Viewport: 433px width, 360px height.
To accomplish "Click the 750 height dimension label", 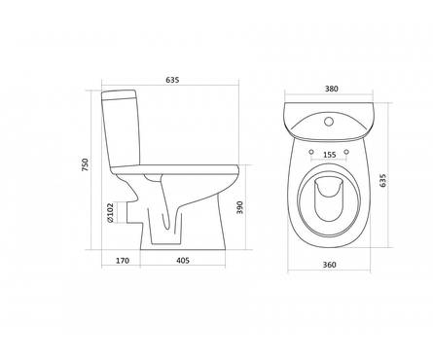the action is tap(85, 164).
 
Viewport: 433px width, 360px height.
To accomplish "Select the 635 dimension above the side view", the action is tap(172, 80).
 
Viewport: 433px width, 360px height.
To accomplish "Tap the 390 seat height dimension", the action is tap(239, 207).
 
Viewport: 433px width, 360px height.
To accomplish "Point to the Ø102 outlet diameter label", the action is tap(110, 213).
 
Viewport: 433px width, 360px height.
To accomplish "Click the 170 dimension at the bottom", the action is tap(123, 261).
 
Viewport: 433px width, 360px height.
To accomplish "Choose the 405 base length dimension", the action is tap(183, 261).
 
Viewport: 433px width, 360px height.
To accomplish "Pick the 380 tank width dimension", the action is tap(332, 89).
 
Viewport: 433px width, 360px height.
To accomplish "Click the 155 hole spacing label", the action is tap(330, 155).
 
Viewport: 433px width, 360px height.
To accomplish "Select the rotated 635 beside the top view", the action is tap(383, 180).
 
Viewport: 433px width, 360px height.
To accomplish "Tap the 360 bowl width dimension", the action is tap(330, 265).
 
